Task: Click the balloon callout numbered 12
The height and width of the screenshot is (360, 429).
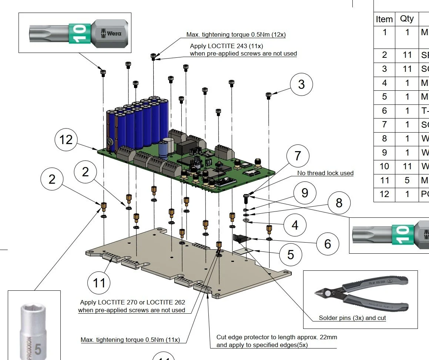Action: (66, 140)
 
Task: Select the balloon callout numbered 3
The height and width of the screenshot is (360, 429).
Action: (301, 84)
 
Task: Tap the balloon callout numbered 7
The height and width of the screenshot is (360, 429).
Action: (298, 156)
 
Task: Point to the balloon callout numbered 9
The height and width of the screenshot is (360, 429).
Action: (305, 193)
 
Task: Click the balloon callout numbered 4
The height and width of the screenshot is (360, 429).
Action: (295, 225)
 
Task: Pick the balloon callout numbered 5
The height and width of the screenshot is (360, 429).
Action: (291, 254)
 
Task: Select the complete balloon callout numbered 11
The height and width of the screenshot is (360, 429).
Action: (99, 283)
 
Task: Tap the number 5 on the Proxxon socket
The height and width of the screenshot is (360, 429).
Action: (38, 349)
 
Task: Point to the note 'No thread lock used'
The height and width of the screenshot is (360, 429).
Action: (325, 173)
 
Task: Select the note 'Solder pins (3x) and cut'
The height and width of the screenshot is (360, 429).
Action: (352, 318)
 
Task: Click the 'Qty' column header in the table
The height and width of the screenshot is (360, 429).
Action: (407, 19)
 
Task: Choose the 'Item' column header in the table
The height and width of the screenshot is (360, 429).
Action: (384, 19)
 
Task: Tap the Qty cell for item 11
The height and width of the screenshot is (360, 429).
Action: (407, 180)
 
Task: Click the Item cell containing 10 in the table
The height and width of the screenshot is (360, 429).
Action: (384, 166)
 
